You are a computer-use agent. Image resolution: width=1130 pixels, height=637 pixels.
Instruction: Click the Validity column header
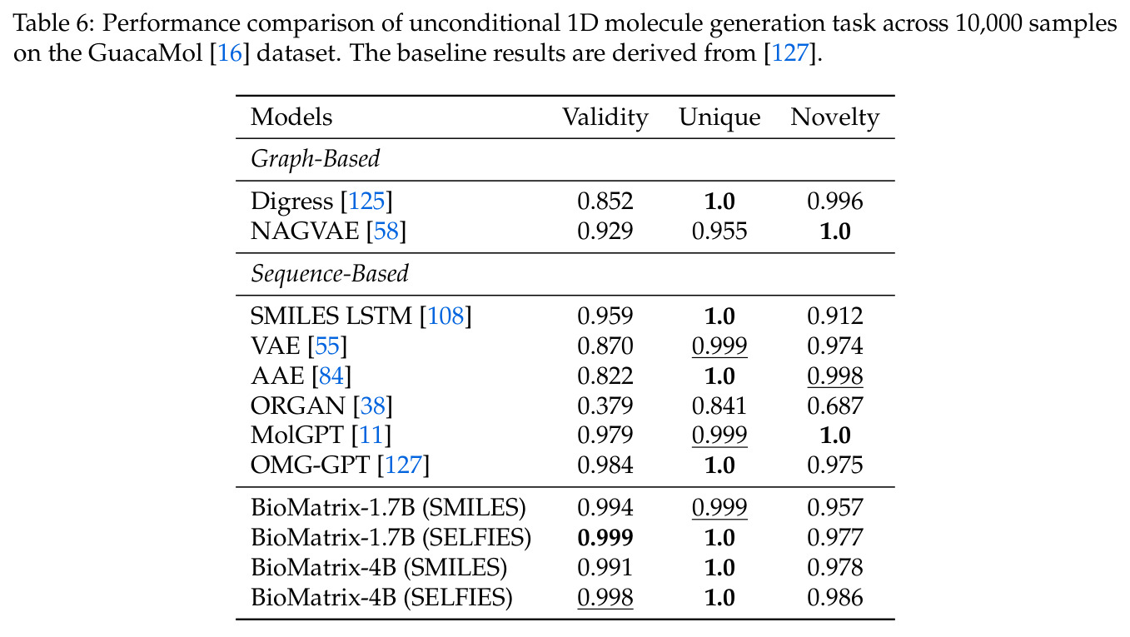point(605,118)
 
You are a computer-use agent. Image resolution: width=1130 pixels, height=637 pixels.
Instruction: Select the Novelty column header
point(835,118)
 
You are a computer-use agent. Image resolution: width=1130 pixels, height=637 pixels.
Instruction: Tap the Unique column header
point(719,118)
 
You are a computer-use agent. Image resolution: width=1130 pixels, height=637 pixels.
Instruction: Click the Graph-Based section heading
point(316,159)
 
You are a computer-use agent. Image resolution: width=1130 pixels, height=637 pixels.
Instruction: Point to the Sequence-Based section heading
point(330,275)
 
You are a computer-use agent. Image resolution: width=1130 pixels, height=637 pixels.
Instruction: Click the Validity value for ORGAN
point(605,406)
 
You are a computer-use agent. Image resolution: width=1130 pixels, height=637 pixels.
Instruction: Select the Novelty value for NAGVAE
point(835,231)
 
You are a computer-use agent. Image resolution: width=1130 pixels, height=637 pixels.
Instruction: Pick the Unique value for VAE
point(719,346)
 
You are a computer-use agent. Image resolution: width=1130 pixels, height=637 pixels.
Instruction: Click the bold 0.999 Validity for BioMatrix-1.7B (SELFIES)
point(605,538)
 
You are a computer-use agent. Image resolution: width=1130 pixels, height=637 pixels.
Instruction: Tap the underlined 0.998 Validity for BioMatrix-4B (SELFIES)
point(605,598)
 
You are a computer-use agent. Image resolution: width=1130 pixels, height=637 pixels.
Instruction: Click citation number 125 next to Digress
point(366,202)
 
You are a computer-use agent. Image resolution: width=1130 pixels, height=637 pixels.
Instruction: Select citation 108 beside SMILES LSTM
point(446,316)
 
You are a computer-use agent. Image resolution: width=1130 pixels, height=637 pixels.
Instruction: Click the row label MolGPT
point(297,435)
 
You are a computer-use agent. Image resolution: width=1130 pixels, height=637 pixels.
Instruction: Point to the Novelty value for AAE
point(835,376)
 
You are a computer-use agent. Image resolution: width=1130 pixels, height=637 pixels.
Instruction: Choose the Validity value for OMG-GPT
point(605,465)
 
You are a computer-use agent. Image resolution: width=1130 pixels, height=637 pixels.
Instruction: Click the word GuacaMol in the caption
point(145,53)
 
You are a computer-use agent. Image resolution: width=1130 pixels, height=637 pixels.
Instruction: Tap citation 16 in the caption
point(230,53)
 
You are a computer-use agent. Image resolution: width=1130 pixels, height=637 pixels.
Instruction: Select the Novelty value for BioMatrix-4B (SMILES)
point(835,568)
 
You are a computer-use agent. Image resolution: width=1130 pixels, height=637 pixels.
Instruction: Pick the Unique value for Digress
point(719,202)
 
